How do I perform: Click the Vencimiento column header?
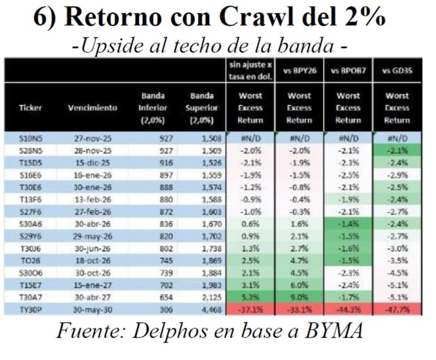[92, 108]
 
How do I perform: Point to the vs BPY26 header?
[300, 71]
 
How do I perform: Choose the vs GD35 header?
[397, 71]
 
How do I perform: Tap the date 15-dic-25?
[92, 163]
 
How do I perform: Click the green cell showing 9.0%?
[300, 297]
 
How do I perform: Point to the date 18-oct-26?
[92, 261]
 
